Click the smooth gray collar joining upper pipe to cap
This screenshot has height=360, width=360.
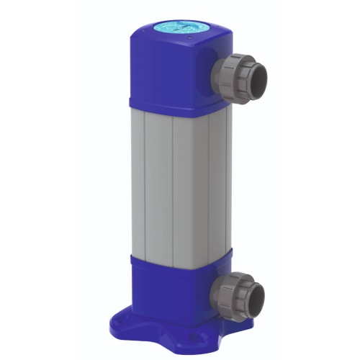click(220, 72)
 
